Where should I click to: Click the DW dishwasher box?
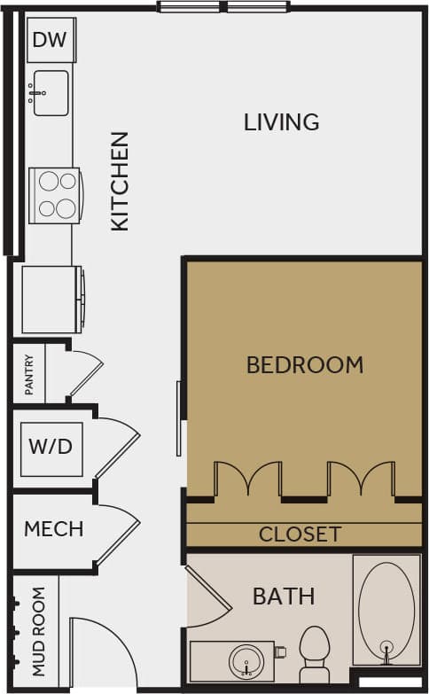click(52, 40)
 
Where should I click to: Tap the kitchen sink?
click(51, 93)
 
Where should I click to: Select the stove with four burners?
click(55, 194)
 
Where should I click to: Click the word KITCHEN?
click(120, 182)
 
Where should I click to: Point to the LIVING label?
click(281, 122)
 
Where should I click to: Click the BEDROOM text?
click(304, 364)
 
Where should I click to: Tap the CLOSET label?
click(300, 534)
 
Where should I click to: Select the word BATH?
click(284, 597)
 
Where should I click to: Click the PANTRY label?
click(29, 375)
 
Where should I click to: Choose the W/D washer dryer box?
click(51, 446)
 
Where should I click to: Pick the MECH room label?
click(53, 529)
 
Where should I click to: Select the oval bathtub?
click(386, 611)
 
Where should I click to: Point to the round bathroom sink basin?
click(246, 660)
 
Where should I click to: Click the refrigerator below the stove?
click(51, 299)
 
